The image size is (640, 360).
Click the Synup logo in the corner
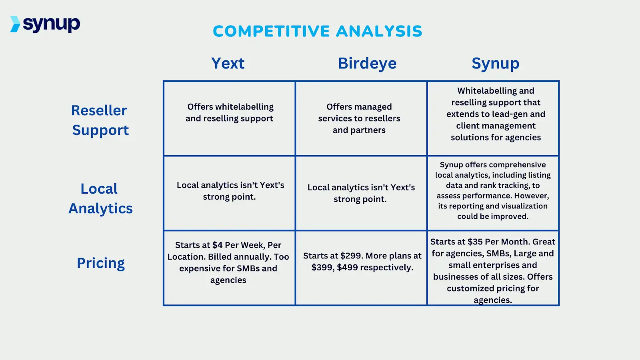point(45,24)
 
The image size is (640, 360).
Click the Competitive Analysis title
point(318,31)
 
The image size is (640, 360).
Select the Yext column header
point(228,63)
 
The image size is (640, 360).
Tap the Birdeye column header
point(367,63)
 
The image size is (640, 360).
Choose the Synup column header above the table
point(495,63)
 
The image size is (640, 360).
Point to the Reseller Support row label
point(100,120)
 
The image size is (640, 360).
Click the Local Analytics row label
point(100,198)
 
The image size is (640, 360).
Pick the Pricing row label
point(101,263)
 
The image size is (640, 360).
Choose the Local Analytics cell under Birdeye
point(361,193)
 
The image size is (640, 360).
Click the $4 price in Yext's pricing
point(217,245)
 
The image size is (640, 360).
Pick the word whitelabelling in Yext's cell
point(244,107)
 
